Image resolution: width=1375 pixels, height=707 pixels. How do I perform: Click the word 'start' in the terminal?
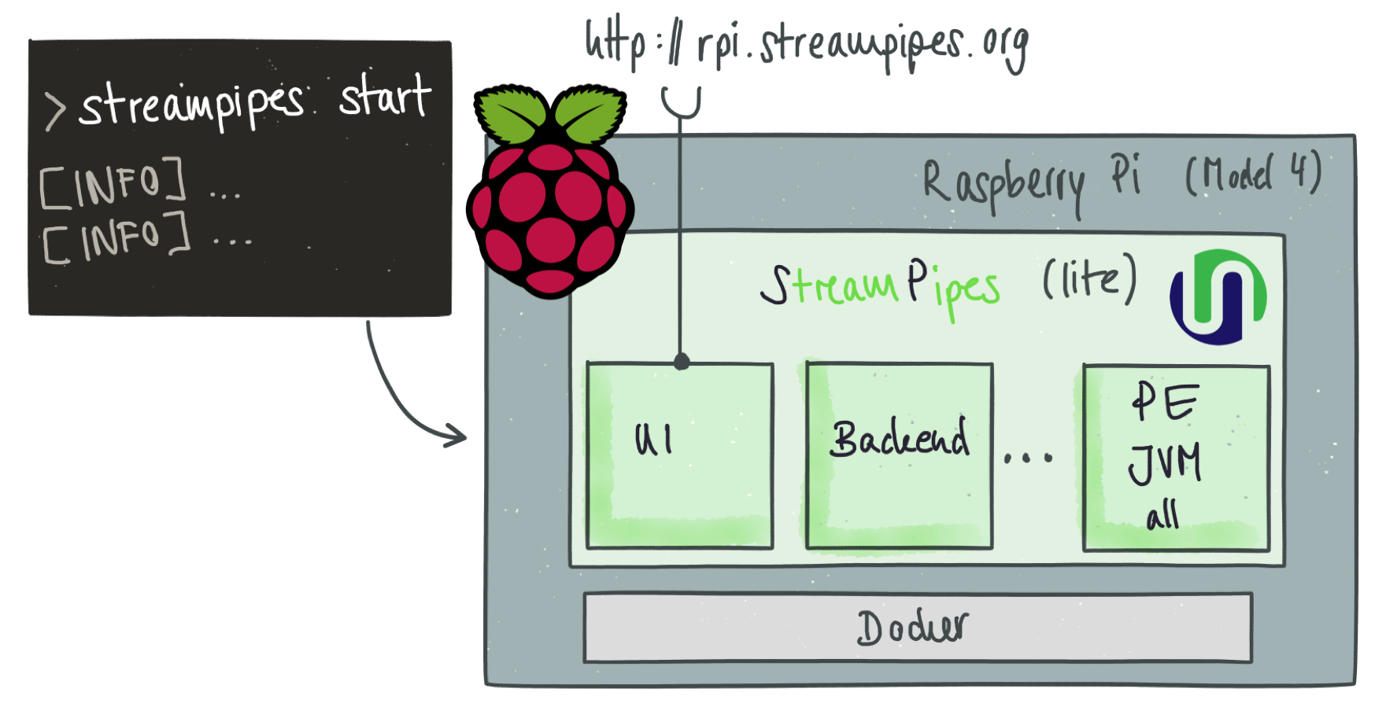point(385,98)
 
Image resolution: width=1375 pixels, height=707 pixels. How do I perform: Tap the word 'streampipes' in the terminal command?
point(191,106)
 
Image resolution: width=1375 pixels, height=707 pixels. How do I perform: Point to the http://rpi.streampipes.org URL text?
point(806,45)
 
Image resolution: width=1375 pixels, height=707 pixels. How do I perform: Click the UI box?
point(679,455)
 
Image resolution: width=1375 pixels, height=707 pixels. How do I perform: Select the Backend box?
point(899,455)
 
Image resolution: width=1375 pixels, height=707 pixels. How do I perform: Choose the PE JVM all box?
point(1176,457)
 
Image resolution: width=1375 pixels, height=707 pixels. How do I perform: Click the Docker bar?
point(917,628)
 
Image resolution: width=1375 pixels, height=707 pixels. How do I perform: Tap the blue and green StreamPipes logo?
point(1218,296)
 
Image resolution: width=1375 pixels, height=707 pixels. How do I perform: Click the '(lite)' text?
point(1090,278)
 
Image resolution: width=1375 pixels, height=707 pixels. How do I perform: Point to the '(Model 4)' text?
point(1253,174)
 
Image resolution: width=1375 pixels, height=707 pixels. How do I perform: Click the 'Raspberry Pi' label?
point(1031,182)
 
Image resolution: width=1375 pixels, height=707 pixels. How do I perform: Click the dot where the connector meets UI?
point(682,363)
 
